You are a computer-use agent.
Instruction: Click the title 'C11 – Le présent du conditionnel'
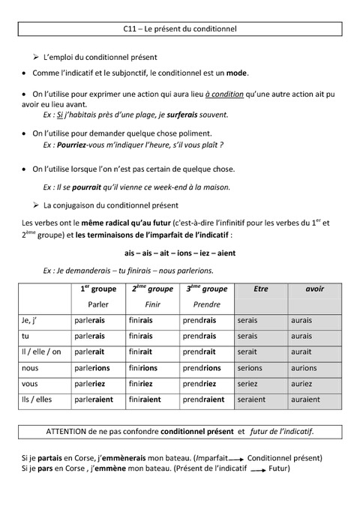[x=179, y=29]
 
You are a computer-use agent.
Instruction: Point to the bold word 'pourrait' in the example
[x=87, y=187]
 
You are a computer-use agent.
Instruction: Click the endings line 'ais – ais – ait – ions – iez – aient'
[x=179, y=253]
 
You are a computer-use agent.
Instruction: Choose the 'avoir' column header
[x=314, y=289]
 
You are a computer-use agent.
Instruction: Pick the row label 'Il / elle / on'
[x=42, y=352]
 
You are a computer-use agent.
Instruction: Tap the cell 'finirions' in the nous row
[x=142, y=368]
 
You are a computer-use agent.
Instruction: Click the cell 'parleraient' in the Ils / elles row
[x=92, y=400]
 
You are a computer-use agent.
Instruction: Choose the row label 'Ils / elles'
[x=37, y=400]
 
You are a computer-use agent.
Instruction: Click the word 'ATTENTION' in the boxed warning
[x=67, y=431]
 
